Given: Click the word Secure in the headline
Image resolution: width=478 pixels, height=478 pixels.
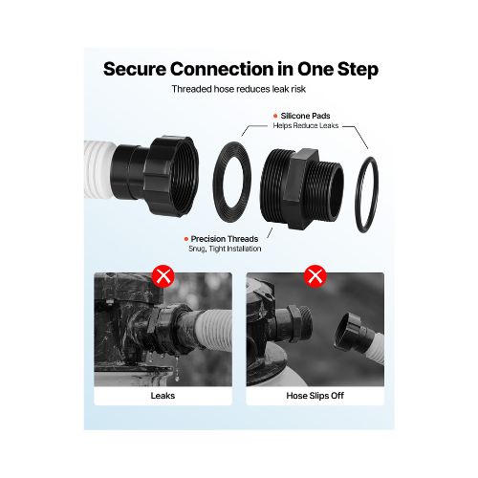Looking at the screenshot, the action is [x=135, y=69].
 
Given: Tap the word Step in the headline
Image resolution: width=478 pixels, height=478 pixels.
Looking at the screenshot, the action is [x=358, y=70].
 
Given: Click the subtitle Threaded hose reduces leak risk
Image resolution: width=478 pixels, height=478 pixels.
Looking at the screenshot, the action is [x=239, y=89].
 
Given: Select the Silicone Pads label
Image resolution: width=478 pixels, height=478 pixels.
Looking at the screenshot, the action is [x=305, y=116].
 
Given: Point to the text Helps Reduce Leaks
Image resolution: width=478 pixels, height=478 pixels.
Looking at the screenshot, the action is [x=306, y=125].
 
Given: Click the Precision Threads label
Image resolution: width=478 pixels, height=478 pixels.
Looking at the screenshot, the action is [x=225, y=239].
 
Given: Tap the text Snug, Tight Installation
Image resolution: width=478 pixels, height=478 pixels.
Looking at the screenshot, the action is [x=225, y=249].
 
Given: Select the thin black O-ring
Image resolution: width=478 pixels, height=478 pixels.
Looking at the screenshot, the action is [x=358, y=194].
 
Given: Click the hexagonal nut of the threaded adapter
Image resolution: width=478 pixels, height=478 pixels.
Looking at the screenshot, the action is [x=299, y=188].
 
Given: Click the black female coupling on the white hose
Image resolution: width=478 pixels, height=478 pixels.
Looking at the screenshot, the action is [x=156, y=176].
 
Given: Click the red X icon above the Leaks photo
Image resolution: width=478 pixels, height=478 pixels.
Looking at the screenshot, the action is [x=163, y=276].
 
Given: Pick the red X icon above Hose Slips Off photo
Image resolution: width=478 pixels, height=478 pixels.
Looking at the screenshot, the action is [x=315, y=276].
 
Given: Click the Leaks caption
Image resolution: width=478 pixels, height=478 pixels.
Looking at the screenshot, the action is [x=163, y=396].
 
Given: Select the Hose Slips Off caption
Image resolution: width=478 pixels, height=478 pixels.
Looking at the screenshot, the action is [x=315, y=396].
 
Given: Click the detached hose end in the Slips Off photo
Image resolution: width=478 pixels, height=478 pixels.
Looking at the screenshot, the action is [x=357, y=335].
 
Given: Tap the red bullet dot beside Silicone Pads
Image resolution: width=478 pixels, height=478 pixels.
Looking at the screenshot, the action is [x=275, y=116].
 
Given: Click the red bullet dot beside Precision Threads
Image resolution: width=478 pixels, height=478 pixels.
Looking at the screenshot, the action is [x=186, y=239].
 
